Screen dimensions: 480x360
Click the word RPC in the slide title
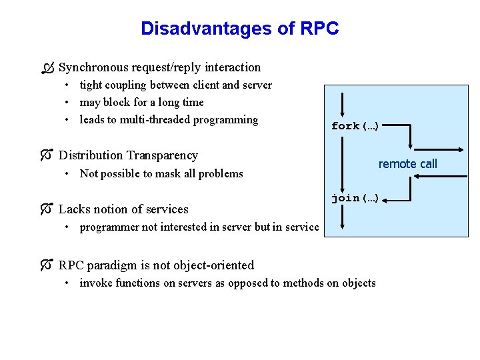[319, 29]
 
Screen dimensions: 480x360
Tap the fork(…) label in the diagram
[355, 126]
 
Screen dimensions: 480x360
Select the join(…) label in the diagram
[355, 198]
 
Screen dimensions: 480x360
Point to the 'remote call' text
[408, 164]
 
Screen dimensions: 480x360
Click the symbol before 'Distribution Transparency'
[45, 155]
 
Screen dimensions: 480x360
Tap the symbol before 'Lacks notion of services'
[45, 209]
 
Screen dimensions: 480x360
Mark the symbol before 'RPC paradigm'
[45, 265]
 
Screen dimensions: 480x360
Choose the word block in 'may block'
[115, 103]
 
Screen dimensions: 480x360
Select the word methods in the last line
[303, 283]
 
